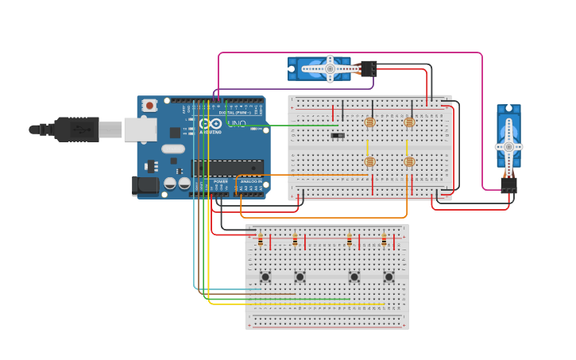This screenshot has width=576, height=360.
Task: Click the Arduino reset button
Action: click(149, 105)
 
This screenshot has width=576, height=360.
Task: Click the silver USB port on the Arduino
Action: click(141, 130)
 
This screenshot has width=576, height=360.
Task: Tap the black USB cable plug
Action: click(76, 129)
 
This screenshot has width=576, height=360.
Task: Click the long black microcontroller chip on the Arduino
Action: click(227, 167)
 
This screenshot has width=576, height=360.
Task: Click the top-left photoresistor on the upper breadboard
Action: click(369, 122)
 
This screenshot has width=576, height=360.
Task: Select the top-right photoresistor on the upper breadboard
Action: click(409, 122)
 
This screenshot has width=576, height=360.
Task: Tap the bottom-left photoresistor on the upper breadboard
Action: click(369, 161)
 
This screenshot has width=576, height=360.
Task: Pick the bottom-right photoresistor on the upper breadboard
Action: click(409, 161)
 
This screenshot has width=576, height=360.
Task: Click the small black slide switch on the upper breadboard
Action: click(338, 135)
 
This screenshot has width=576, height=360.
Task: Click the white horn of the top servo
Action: click(329, 69)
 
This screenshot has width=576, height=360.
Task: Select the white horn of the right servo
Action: click(508, 146)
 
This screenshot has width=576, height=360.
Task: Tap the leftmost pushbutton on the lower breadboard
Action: click(265, 277)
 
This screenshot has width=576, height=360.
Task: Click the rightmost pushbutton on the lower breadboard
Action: click(389, 277)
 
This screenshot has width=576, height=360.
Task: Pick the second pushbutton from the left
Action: click(300, 277)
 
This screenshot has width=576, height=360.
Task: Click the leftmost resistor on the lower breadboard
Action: click(260, 240)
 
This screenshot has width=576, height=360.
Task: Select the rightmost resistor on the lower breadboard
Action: click(384, 240)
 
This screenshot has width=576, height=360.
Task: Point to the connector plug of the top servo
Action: click(368, 68)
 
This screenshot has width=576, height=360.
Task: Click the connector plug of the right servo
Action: click(508, 184)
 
